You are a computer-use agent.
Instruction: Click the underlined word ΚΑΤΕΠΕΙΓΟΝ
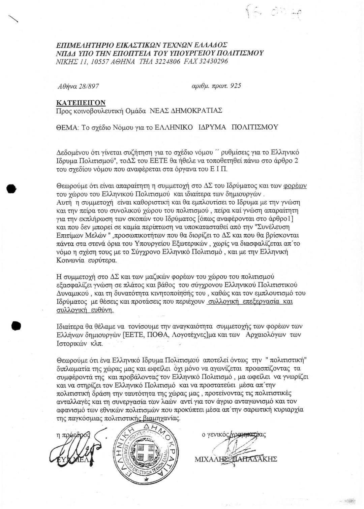[81, 102]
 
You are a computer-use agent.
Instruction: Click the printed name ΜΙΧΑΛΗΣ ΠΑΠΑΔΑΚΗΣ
[236, 459]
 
